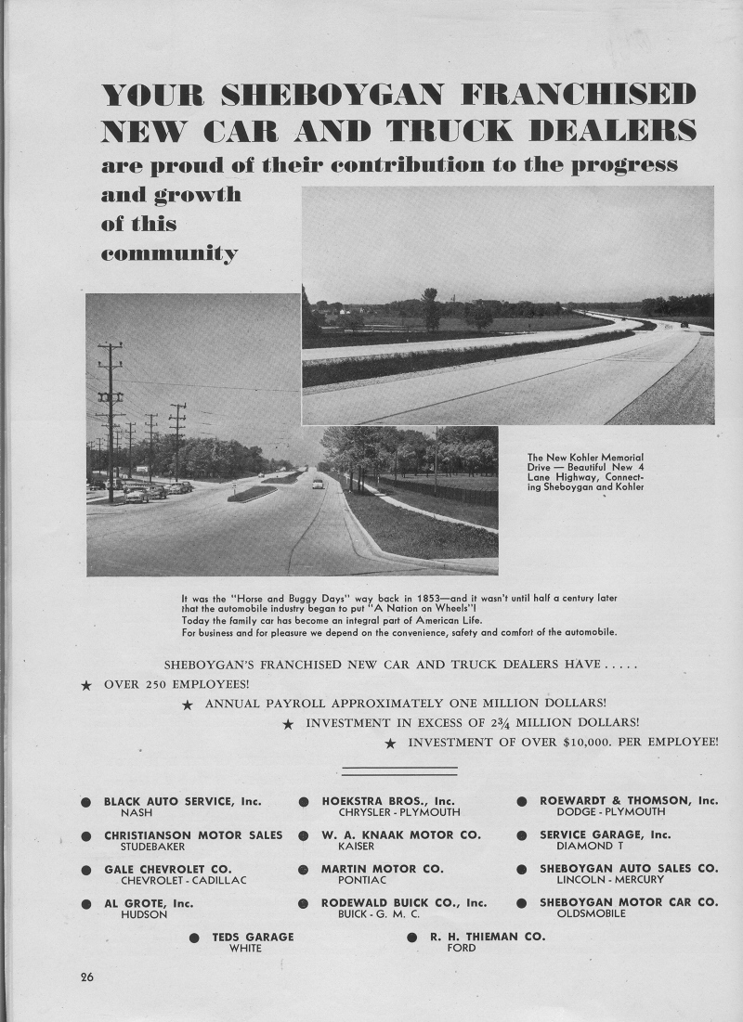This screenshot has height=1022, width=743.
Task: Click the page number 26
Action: (x=86, y=977)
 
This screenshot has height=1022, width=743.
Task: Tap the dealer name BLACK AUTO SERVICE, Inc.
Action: (x=182, y=800)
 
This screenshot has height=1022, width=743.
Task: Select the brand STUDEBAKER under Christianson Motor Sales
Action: (x=152, y=847)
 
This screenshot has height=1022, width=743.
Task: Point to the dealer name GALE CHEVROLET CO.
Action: (x=167, y=869)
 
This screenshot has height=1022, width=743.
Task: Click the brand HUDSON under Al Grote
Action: (x=144, y=914)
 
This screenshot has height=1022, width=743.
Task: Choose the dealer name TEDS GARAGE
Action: (x=253, y=937)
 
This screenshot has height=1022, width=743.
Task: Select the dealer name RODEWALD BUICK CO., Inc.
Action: (x=404, y=902)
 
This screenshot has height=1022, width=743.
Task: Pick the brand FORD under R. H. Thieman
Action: (x=462, y=948)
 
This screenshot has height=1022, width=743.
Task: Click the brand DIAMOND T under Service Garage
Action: (x=584, y=847)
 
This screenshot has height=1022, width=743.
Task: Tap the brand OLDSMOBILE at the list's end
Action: (x=592, y=914)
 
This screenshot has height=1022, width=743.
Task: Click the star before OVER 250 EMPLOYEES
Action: (x=86, y=686)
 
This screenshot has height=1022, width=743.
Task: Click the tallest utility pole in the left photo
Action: (x=111, y=422)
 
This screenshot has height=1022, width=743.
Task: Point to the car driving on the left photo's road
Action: (x=318, y=484)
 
